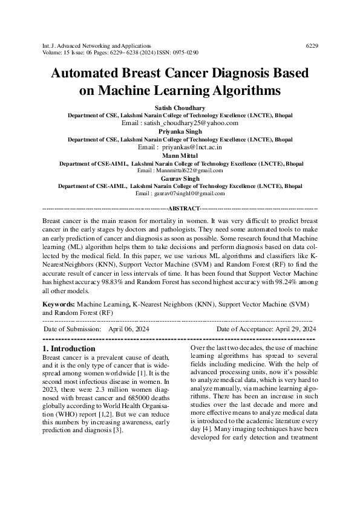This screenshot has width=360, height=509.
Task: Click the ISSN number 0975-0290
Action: click(185, 53)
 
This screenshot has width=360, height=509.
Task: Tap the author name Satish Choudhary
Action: click(180, 106)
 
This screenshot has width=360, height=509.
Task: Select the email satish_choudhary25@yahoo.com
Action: click(197, 122)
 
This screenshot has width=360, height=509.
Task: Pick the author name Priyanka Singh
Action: click(180, 131)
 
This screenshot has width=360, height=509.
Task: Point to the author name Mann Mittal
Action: click(180, 155)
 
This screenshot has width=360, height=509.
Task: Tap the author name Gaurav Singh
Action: click(180, 179)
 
